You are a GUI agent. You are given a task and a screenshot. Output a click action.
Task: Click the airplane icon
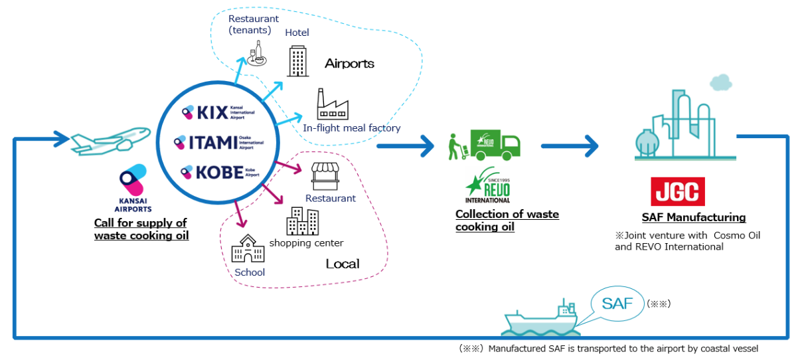point(99,138)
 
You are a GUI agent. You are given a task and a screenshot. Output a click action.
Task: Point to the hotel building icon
point(297,61)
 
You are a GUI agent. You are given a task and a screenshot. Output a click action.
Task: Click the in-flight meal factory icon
point(332,105)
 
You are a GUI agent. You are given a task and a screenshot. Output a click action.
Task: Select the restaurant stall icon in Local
point(325,176)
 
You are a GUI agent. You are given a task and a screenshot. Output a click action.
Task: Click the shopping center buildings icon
point(302,221)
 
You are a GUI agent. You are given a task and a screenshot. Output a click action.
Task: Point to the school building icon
point(248,248)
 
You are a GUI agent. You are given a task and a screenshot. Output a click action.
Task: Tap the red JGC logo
point(677,191)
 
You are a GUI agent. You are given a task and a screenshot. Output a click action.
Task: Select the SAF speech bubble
point(617,304)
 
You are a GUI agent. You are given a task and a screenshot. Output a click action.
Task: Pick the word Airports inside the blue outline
point(349,64)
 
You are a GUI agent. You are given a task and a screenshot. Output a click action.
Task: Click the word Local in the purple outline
point(343,264)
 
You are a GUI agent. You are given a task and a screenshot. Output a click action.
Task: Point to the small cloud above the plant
point(720,82)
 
